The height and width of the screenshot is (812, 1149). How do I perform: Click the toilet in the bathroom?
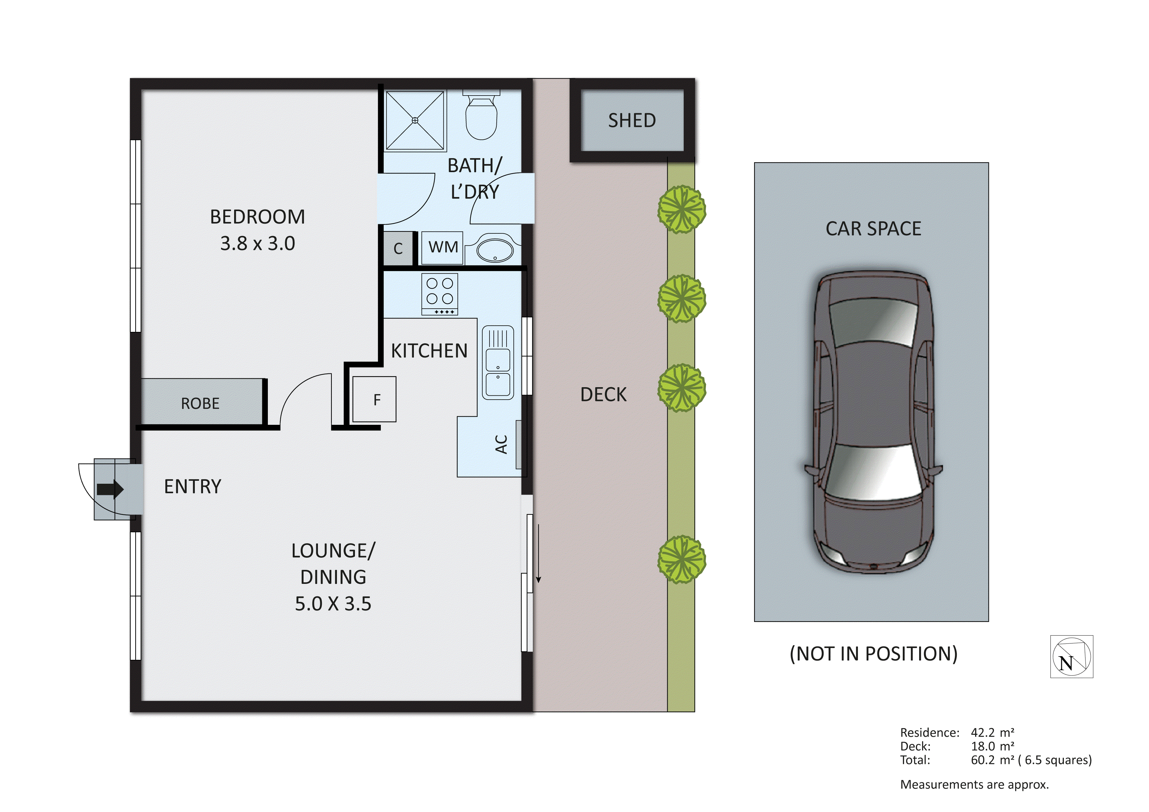click(x=481, y=117)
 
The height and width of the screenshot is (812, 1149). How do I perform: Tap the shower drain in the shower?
click(x=415, y=120)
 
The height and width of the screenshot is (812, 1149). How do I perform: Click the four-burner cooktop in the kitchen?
click(x=439, y=295)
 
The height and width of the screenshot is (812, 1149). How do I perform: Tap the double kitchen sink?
click(x=497, y=363)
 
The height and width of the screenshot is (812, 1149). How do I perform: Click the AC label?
click(x=501, y=444)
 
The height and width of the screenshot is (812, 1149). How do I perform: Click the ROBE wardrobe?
click(x=200, y=403)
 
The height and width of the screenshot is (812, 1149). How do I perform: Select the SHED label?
click(x=632, y=120)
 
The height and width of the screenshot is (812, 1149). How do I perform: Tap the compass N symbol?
click(x=1071, y=657)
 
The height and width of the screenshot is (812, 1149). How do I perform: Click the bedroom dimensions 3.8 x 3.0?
click(x=257, y=244)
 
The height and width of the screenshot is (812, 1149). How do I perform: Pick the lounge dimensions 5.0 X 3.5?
click(x=333, y=604)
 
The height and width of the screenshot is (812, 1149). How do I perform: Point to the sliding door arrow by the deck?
click(x=538, y=553)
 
